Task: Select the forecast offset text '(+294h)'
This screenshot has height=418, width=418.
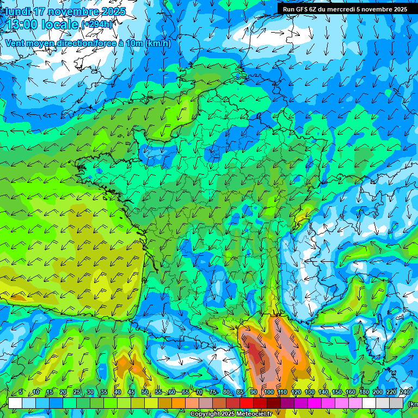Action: point(97,24)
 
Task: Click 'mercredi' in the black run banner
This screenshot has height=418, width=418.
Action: point(346,9)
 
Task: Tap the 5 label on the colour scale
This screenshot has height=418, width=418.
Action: point(21,392)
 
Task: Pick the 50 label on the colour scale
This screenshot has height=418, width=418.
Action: point(145,392)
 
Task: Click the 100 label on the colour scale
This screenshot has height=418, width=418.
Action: point(268,392)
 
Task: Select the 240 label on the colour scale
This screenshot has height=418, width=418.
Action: point(405,392)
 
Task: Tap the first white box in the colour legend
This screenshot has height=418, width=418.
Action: point(15,403)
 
